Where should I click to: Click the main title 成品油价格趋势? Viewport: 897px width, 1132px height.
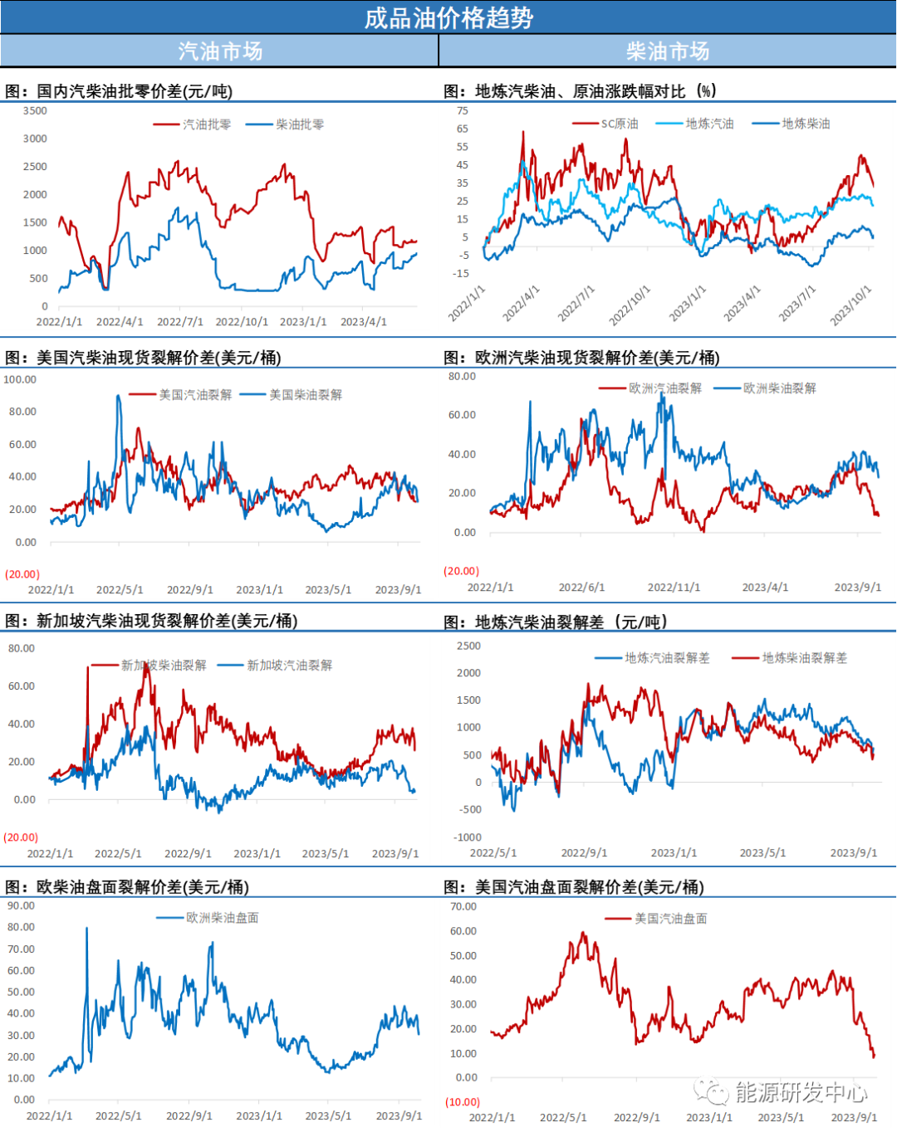tap(448, 17)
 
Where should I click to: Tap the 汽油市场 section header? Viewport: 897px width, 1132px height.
tap(220, 51)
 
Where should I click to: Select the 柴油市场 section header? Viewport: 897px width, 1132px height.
tap(668, 51)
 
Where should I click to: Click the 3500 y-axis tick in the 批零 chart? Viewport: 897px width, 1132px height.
tap(35, 111)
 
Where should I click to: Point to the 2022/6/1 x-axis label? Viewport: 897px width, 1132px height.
tap(581, 588)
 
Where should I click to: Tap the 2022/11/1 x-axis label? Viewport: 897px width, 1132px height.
tap(674, 588)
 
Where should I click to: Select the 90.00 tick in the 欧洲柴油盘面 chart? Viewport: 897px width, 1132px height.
tap(21, 905)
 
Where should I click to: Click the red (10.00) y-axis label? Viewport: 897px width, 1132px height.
tap(463, 1102)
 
